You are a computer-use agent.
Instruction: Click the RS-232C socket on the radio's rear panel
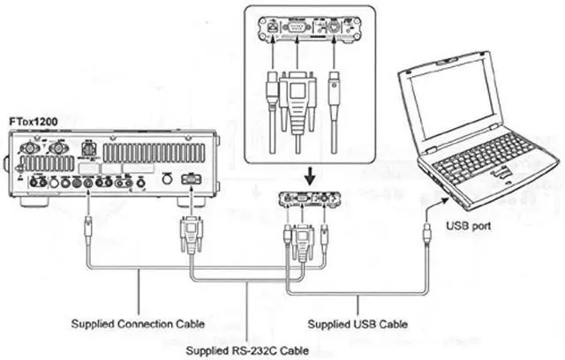(x=190, y=180)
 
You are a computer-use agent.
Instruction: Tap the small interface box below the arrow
(x=306, y=199)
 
